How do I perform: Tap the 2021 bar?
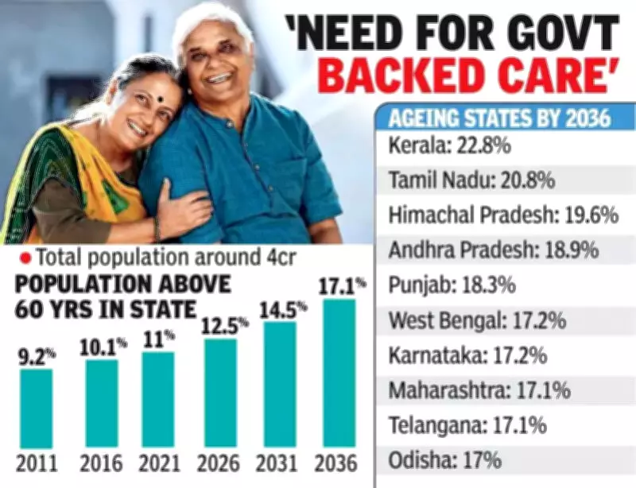pyautogui.click(x=158, y=400)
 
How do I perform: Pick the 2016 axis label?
pyautogui.click(x=102, y=463)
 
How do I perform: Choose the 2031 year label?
pyautogui.click(x=281, y=463)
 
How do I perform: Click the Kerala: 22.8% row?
pyautogui.click(x=449, y=147)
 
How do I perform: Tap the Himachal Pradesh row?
pyautogui.click(x=492, y=215)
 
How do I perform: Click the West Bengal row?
pyautogui.click(x=477, y=320)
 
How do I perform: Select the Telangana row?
pyautogui.click(x=467, y=425)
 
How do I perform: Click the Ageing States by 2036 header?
pyautogui.click(x=499, y=118)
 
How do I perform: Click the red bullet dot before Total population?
pyautogui.click(x=25, y=257)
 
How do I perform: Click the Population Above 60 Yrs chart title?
pyautogui.click(x=119, y=296)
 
